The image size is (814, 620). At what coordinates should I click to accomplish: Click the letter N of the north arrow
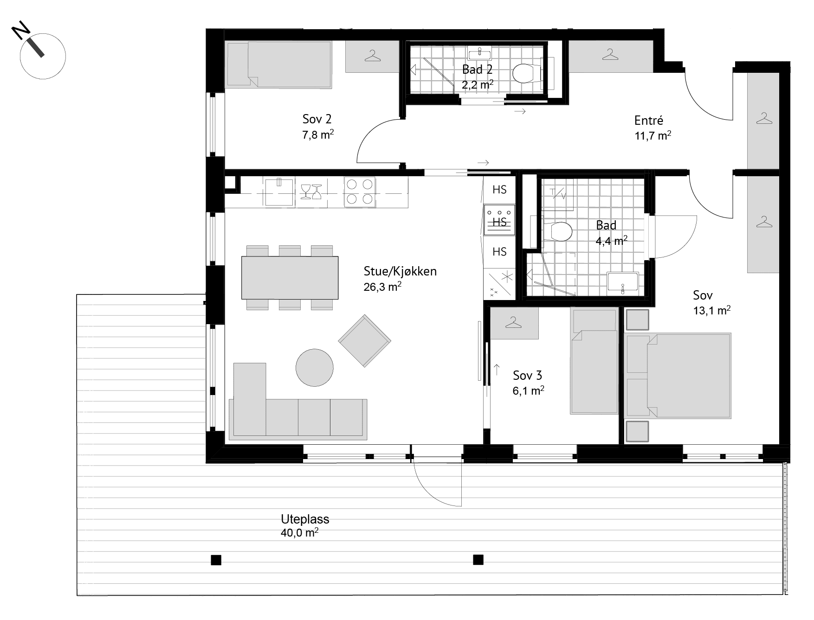pyautogui.click(x=22, y=32)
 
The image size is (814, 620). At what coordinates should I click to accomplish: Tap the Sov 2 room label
pyautogui.click(x=317, y=120)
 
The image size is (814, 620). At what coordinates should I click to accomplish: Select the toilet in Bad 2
pyautogui.click(x=526, y=73)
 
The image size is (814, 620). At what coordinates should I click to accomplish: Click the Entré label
pyautogui.click(x=649, y=121)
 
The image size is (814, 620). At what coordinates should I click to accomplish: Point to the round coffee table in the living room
pyautogui.click(x=315, y=368)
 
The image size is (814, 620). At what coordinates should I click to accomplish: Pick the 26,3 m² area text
pyautogui.click(x=382, y=287)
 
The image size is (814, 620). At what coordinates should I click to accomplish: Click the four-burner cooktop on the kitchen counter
pyautogui.click(x=360, y=192)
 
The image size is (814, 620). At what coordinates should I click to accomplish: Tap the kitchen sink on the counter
pyautogui.click(x=279, y=192)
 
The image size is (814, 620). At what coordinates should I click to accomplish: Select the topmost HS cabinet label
pyautogui.click(x=499, y=190)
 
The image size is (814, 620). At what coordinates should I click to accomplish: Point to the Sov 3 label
pyautogui.click(x=528, y=375)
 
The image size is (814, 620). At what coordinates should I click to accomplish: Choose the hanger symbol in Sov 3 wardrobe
pyautogui.click(x=513, y=322)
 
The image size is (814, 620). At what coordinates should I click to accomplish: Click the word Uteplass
pyautogui.click(x=305, y=519)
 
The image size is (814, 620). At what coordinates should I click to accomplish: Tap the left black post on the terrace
pyautogui.click(x=216, y=560)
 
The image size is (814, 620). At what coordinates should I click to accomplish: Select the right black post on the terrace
pyautogui.click(x=478, y=560)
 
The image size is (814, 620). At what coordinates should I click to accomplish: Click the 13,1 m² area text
pyautogui.click(x=712, y=310)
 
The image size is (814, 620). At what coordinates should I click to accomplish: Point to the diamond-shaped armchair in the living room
pyautogui.click(x=364, y=341)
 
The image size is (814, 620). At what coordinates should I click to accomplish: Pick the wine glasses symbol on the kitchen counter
pyautogui.click(x=311, y=192)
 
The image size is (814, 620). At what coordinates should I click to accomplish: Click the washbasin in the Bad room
pyautogui.click(x=623, y=283)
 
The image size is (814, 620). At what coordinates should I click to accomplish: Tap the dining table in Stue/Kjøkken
pyautogui.click(x=290, y=277)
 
